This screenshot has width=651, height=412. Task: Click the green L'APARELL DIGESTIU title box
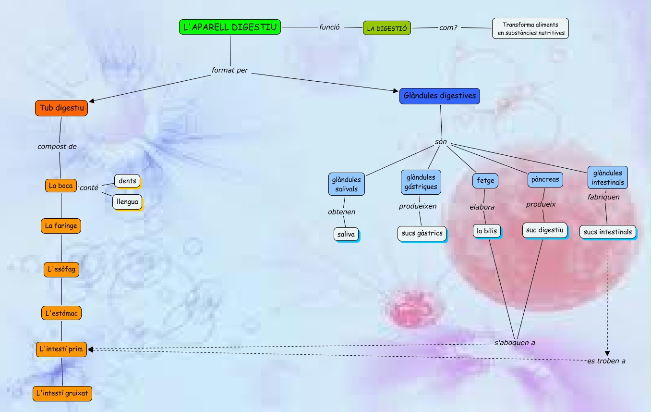coord(230,27)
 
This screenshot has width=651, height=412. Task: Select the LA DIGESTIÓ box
coord(387,28)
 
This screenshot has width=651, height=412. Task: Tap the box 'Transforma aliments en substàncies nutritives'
coord(530,28)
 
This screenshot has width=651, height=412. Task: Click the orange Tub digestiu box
coord(61,108)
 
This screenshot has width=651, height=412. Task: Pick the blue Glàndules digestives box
coord(440,96)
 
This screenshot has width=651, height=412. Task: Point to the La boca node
coord(61,186)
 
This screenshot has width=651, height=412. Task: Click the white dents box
coord(127,181)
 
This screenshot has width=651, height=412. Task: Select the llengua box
coord(127,201)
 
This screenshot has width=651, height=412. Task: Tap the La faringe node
coord(61,225)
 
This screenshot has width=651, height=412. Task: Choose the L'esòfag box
coord(61,269)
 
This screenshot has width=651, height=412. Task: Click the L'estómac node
coord(61,313)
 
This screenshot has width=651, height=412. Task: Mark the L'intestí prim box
coord(61,349)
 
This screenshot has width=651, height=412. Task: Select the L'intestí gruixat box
coord(62,393)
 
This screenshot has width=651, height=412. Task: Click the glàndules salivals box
coord(347,184)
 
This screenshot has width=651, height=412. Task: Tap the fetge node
coord(485,181)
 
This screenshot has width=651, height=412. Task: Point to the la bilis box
coord(487,231)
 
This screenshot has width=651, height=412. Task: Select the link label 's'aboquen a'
coord(515,343)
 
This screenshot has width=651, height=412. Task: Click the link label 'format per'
coord(230,70)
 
